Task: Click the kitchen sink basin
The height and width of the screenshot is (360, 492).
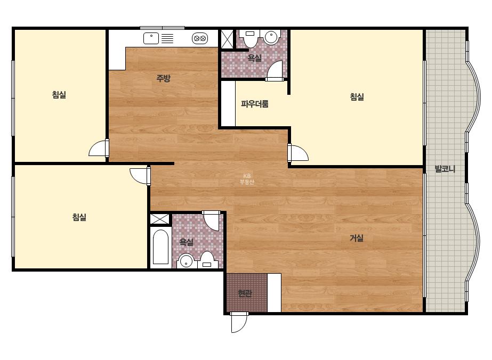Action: coord(151,38)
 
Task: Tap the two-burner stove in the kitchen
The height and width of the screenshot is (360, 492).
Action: coord(200,38)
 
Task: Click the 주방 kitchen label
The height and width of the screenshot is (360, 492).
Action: coord(163,78)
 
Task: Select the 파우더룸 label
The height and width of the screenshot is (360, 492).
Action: coord(254,104)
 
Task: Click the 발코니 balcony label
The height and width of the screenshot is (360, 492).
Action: coord(445,169)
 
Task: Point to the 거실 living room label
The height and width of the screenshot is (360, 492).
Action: coord(357,239)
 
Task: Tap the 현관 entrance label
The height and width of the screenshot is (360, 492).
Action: coord(245,293)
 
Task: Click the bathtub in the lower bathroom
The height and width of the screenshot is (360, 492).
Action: coord(160,247)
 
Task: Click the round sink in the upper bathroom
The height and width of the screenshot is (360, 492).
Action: coord(272,37)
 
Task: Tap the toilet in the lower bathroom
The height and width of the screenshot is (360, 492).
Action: coord(207,260)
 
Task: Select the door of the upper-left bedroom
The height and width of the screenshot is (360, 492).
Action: coord(99,148)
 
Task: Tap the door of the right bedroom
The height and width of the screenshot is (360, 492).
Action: coord(298,152)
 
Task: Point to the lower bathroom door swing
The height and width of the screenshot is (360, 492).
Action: coord(211,220)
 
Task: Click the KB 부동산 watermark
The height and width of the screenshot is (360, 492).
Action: coord(247,179)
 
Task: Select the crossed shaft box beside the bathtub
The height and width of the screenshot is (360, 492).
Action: coord(160,219)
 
